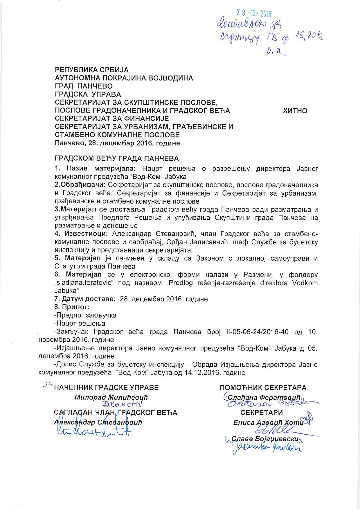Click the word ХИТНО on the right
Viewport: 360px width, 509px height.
click(295, 111)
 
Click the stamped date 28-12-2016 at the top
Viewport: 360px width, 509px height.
click(254, 14)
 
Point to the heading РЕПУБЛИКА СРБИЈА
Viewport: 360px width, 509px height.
click(92, 70)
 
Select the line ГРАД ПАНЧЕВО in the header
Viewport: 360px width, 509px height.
click(84, 86)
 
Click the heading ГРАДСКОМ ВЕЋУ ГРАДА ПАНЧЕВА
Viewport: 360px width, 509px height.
click(117, 159)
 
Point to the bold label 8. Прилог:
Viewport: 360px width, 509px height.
click(72, 307)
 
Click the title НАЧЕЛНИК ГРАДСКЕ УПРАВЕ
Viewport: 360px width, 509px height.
click(107, 387)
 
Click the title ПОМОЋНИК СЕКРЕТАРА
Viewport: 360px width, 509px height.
click(263, 388)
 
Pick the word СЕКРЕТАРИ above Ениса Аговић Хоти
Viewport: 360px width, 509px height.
click(262, 413)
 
